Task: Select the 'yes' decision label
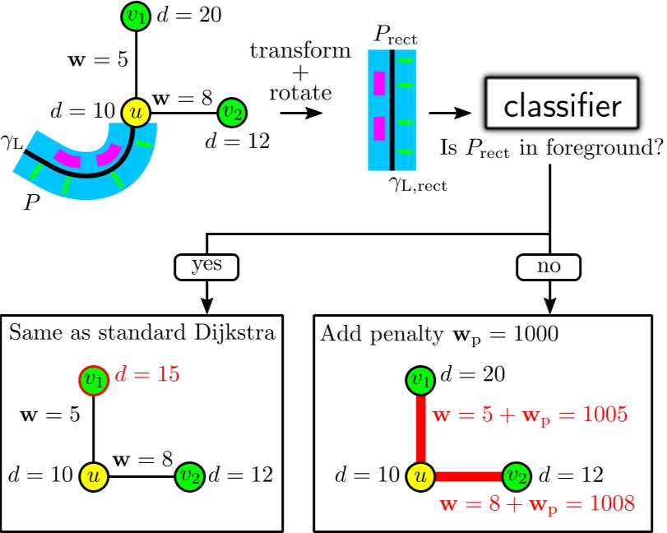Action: pyautogui.click(x=205, y=266)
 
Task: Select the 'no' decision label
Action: pyautogui.click(x=549, y=266)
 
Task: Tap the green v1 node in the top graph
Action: pyautogui.click(x=134, y=15)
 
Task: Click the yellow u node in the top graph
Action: pyautogui.click(x=134, y=111)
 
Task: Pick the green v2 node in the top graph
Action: pyautogui.click(x=230, y=111)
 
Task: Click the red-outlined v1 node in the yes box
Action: pyautogui.click(x=92, y=378)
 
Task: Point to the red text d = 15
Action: pyautogui.click(x=148, y=376)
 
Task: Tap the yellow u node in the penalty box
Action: pyautogui.click(x=419, y=475)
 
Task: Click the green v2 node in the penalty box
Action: pyautogui.click(x=516, y=475)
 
